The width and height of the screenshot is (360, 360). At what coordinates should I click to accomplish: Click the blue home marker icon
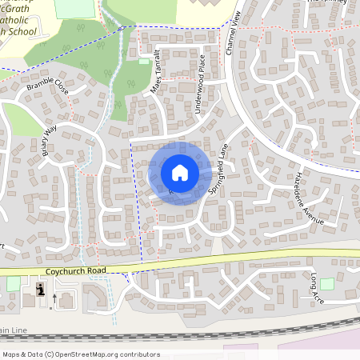[179, 173]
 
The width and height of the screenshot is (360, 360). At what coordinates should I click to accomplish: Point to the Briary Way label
[50, 140]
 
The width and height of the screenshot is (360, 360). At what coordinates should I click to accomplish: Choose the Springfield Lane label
[218, 170]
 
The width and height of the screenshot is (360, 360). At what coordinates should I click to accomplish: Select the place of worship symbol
[40, 290]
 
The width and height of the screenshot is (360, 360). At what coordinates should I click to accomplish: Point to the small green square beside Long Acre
[326, 284]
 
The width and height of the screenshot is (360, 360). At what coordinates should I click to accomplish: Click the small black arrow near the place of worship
[54, 298]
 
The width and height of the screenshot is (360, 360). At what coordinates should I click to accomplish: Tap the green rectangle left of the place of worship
[13, 284]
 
